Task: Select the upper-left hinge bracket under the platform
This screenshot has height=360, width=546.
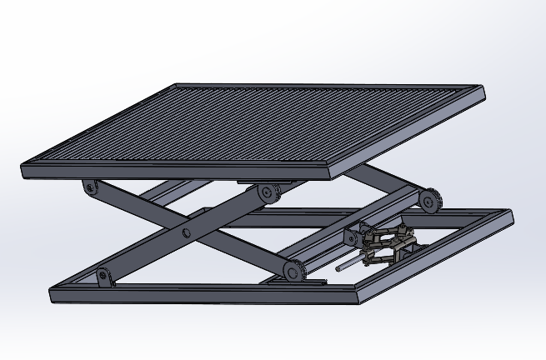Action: (90, 187)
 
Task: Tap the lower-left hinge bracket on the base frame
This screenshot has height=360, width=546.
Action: (103, 275)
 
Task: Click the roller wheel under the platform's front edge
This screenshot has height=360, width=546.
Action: (268, 192)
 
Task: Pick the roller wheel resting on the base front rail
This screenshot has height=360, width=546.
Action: (291, 271)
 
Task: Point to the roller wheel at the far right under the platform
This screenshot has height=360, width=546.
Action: (429, 201)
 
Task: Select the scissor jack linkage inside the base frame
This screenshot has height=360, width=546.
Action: (388, 245)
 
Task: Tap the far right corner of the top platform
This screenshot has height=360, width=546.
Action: (481, 88)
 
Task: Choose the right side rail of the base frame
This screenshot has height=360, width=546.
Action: (438, 254)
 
